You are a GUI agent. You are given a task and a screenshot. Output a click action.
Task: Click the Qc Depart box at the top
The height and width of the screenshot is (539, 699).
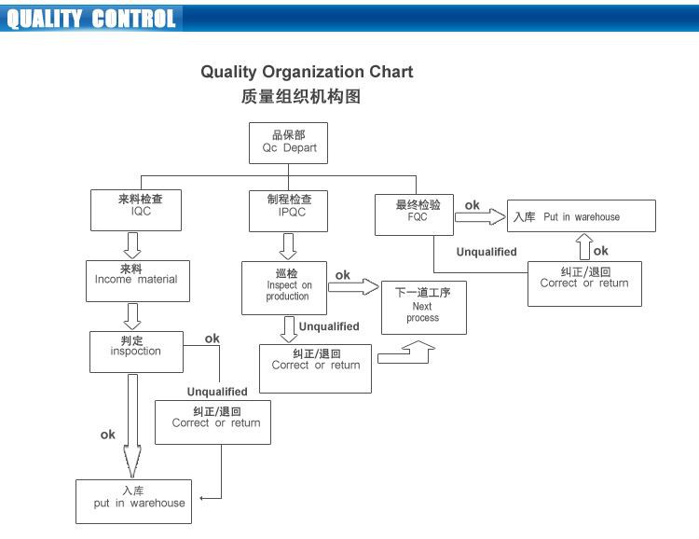tap(288, 143)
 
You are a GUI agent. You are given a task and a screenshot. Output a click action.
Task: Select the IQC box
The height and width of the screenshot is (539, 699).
tap(135, 211)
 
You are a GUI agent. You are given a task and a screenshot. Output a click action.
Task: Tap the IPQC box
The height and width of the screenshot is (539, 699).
tap(288, 211)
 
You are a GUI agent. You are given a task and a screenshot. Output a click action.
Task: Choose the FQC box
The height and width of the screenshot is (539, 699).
tap(414, 214)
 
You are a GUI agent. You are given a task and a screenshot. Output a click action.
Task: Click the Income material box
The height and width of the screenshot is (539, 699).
tap(137, 280)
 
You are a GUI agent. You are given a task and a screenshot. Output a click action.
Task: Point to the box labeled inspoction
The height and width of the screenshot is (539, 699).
tap(136, 352)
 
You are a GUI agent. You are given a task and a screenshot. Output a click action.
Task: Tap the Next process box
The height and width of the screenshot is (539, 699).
tap(423, 308)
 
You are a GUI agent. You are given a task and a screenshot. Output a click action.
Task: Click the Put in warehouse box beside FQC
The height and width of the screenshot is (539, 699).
tap(581, 216)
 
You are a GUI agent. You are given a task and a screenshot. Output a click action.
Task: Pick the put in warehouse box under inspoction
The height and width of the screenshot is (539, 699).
tap(133, 502)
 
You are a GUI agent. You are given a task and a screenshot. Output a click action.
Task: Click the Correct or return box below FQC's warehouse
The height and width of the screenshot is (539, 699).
tap(584, 283)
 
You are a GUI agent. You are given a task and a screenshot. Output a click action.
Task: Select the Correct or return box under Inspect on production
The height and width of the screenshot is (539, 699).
tap(315, 367)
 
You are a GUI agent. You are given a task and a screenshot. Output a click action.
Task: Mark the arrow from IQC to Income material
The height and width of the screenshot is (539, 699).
tap(132, 245)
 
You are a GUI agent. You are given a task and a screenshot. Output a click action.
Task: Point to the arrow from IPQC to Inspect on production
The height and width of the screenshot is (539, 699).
tap(288, 245)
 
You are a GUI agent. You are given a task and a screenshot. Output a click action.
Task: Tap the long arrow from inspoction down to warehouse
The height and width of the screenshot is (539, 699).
tap(132, 425)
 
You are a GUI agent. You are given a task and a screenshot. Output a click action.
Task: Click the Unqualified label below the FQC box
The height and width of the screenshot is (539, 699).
tap(487, 252)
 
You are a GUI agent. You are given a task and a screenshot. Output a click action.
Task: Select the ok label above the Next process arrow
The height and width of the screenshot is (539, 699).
tap(343, 275)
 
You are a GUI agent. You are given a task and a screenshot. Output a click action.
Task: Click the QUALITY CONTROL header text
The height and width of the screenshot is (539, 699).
tap(91, 18)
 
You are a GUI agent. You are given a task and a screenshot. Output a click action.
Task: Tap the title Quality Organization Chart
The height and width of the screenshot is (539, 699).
tap(307, 72)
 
